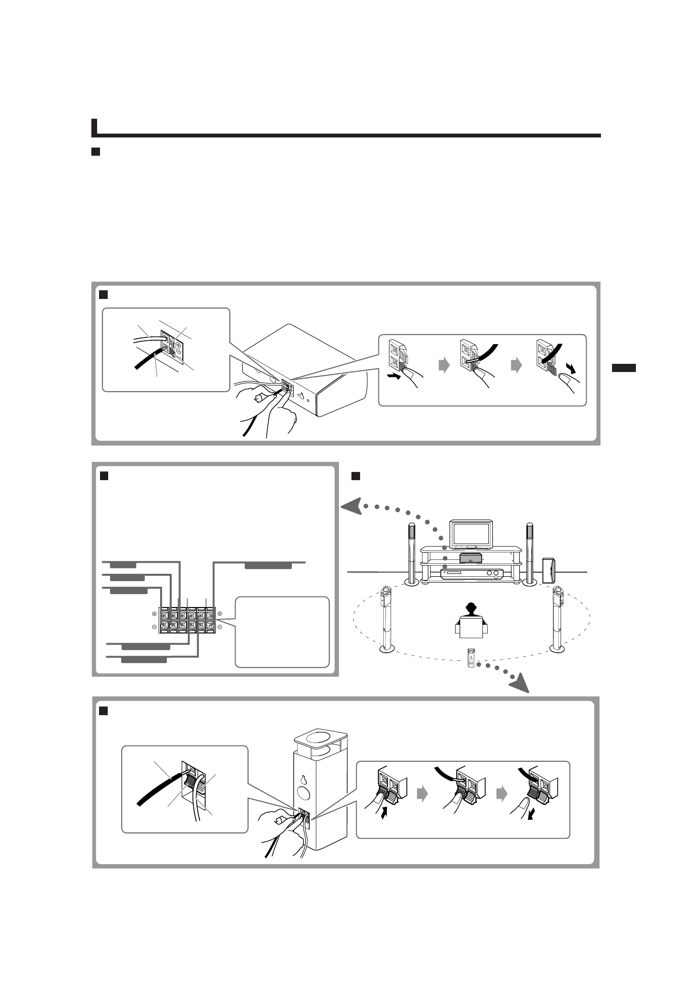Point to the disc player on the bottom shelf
pos(471,573)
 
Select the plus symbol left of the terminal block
pos(154,614)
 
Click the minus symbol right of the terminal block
pos(220,627)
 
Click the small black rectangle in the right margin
pos(624,368)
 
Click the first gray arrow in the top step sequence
pos(445,366)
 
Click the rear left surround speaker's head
pos(386,595)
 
